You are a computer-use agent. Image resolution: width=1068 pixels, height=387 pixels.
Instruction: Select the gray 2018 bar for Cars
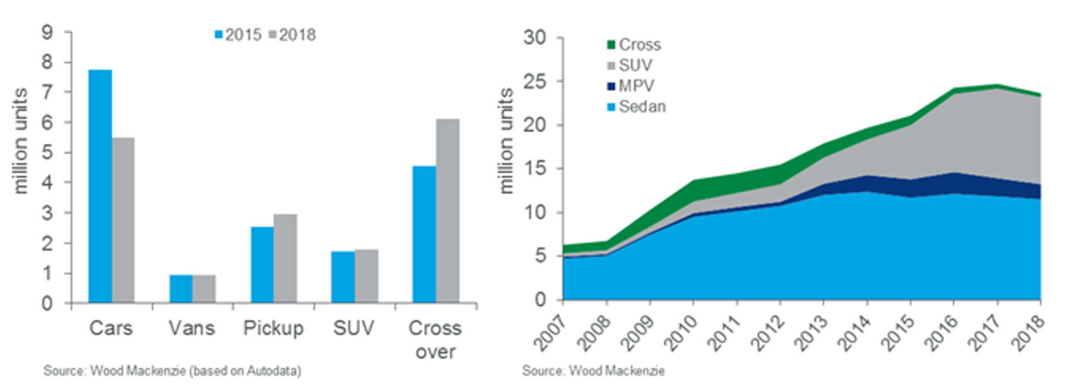click(123, 220)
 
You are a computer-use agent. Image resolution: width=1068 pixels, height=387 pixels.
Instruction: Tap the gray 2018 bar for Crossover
click(447, 211)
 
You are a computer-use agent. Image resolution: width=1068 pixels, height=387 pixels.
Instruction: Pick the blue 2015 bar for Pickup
click(262, 265)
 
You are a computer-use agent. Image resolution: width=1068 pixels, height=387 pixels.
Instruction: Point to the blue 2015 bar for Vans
click(181, 288)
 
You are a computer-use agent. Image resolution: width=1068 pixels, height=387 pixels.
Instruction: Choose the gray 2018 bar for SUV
click(366, 276)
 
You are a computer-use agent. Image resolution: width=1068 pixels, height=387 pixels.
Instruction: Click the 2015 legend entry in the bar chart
click(238, 35)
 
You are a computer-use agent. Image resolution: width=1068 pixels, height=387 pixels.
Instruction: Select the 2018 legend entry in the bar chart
click(292, 35)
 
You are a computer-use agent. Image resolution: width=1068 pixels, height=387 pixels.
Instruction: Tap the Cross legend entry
click(634, 45)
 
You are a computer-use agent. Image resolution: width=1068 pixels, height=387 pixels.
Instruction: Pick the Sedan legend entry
click(636, 107)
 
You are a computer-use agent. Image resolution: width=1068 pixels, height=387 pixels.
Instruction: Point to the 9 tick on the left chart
click(47, 32)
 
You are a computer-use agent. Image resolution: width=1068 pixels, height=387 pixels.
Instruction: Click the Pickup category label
click(273, 328)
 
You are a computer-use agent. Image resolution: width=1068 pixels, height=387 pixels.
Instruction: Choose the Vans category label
click(191, 328)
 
